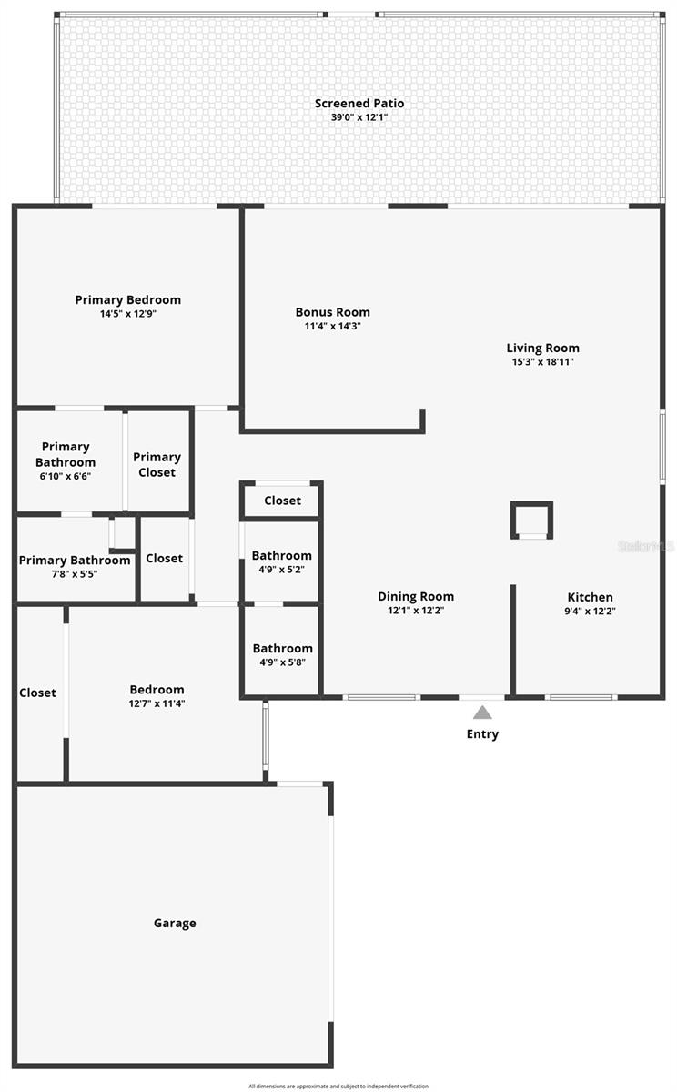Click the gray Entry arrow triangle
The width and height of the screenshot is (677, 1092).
point(482,713)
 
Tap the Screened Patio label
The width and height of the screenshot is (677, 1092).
point(359,104)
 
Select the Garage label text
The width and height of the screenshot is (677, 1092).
point(175,923)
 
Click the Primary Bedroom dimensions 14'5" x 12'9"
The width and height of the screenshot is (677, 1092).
point(128,314)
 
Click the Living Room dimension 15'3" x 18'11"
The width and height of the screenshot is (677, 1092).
point(542,361)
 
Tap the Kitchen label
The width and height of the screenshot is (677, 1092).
point(590,597)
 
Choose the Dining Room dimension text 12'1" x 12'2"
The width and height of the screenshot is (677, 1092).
point(416,611)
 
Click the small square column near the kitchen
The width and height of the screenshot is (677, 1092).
point(531,521)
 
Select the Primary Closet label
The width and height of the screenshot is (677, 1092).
point(157,464)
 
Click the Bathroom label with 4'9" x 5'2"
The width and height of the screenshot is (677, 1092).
point(282,555)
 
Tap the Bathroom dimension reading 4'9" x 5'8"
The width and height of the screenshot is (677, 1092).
point(282,662)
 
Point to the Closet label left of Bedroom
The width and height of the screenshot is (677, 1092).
point(37,693)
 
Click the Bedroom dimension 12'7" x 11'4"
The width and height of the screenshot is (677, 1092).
point(157,703)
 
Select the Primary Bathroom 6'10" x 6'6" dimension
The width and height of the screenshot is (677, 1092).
point(65,476)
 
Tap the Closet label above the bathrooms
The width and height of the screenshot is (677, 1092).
point(282,500)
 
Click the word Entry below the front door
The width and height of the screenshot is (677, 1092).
point(482,734)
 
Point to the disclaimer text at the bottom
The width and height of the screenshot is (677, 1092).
point(338,1086)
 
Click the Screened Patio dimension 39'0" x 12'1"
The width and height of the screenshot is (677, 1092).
point(359,117)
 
